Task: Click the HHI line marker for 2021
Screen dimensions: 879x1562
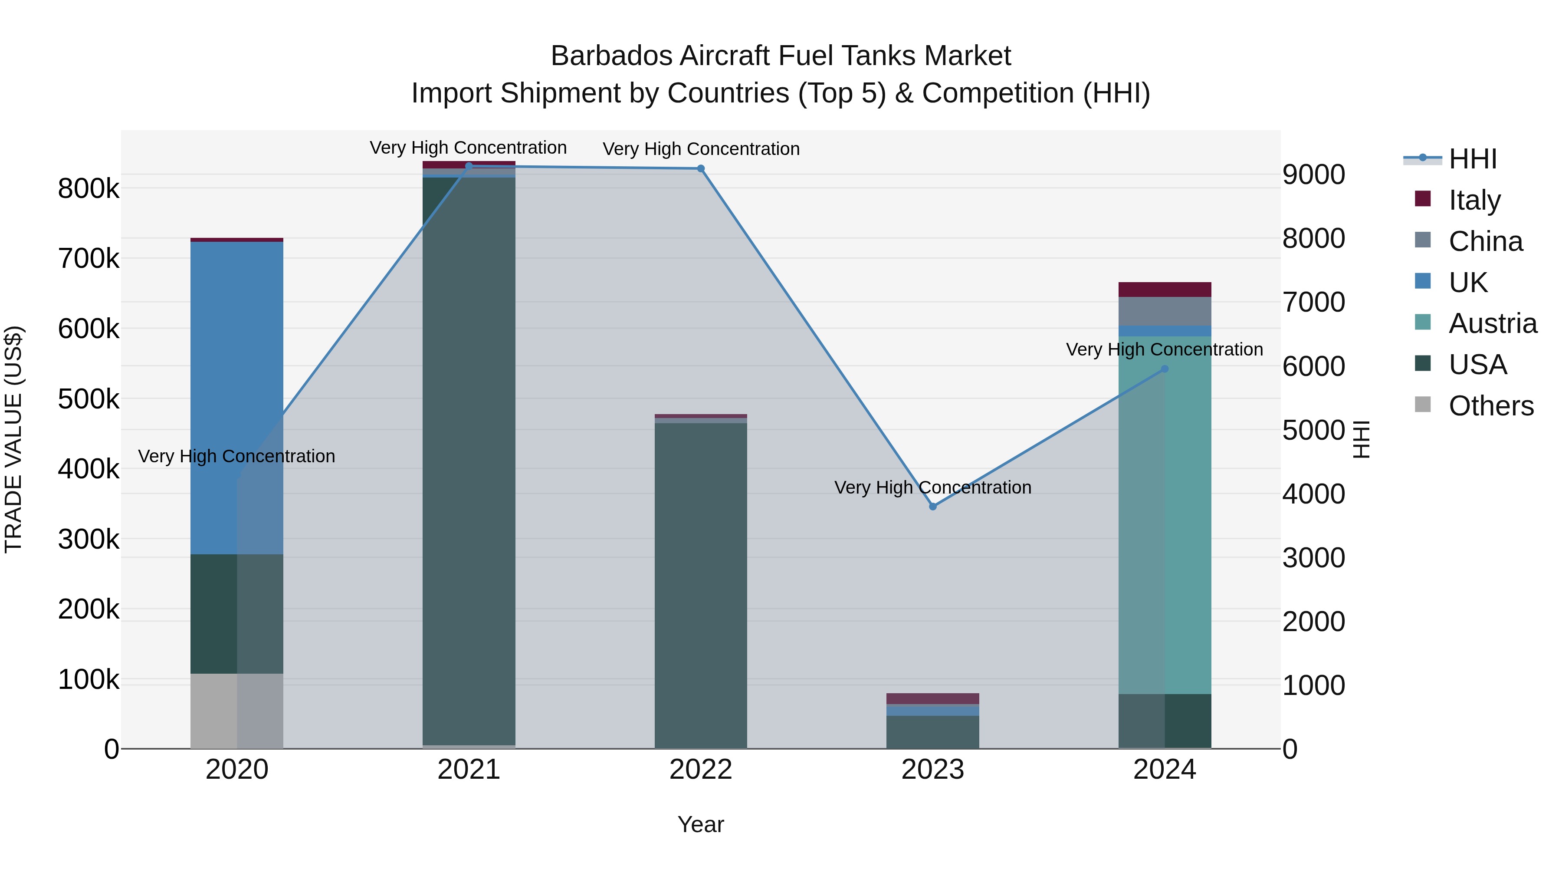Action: click(469, 166)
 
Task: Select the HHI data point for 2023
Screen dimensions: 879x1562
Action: click(932, 507)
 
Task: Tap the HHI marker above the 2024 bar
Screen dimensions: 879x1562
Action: click(1164, 369)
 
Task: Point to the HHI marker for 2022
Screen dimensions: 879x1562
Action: click(701, 169)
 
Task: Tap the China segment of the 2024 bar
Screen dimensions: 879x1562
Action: click(1164, 311)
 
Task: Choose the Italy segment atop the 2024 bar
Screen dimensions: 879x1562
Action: click(1164, 290)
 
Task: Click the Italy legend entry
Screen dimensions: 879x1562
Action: click(1474, 200)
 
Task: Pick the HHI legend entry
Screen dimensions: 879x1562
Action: click(1472, 159)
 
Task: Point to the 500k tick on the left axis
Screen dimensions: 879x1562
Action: click(89, 399)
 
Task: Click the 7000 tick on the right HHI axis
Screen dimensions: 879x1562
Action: click(1314, 302)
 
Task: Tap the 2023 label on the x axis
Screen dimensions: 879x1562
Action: click(932, 770)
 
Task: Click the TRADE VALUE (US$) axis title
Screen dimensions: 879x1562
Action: click(14, 439)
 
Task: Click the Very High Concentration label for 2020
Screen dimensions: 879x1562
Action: click(236, 456)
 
